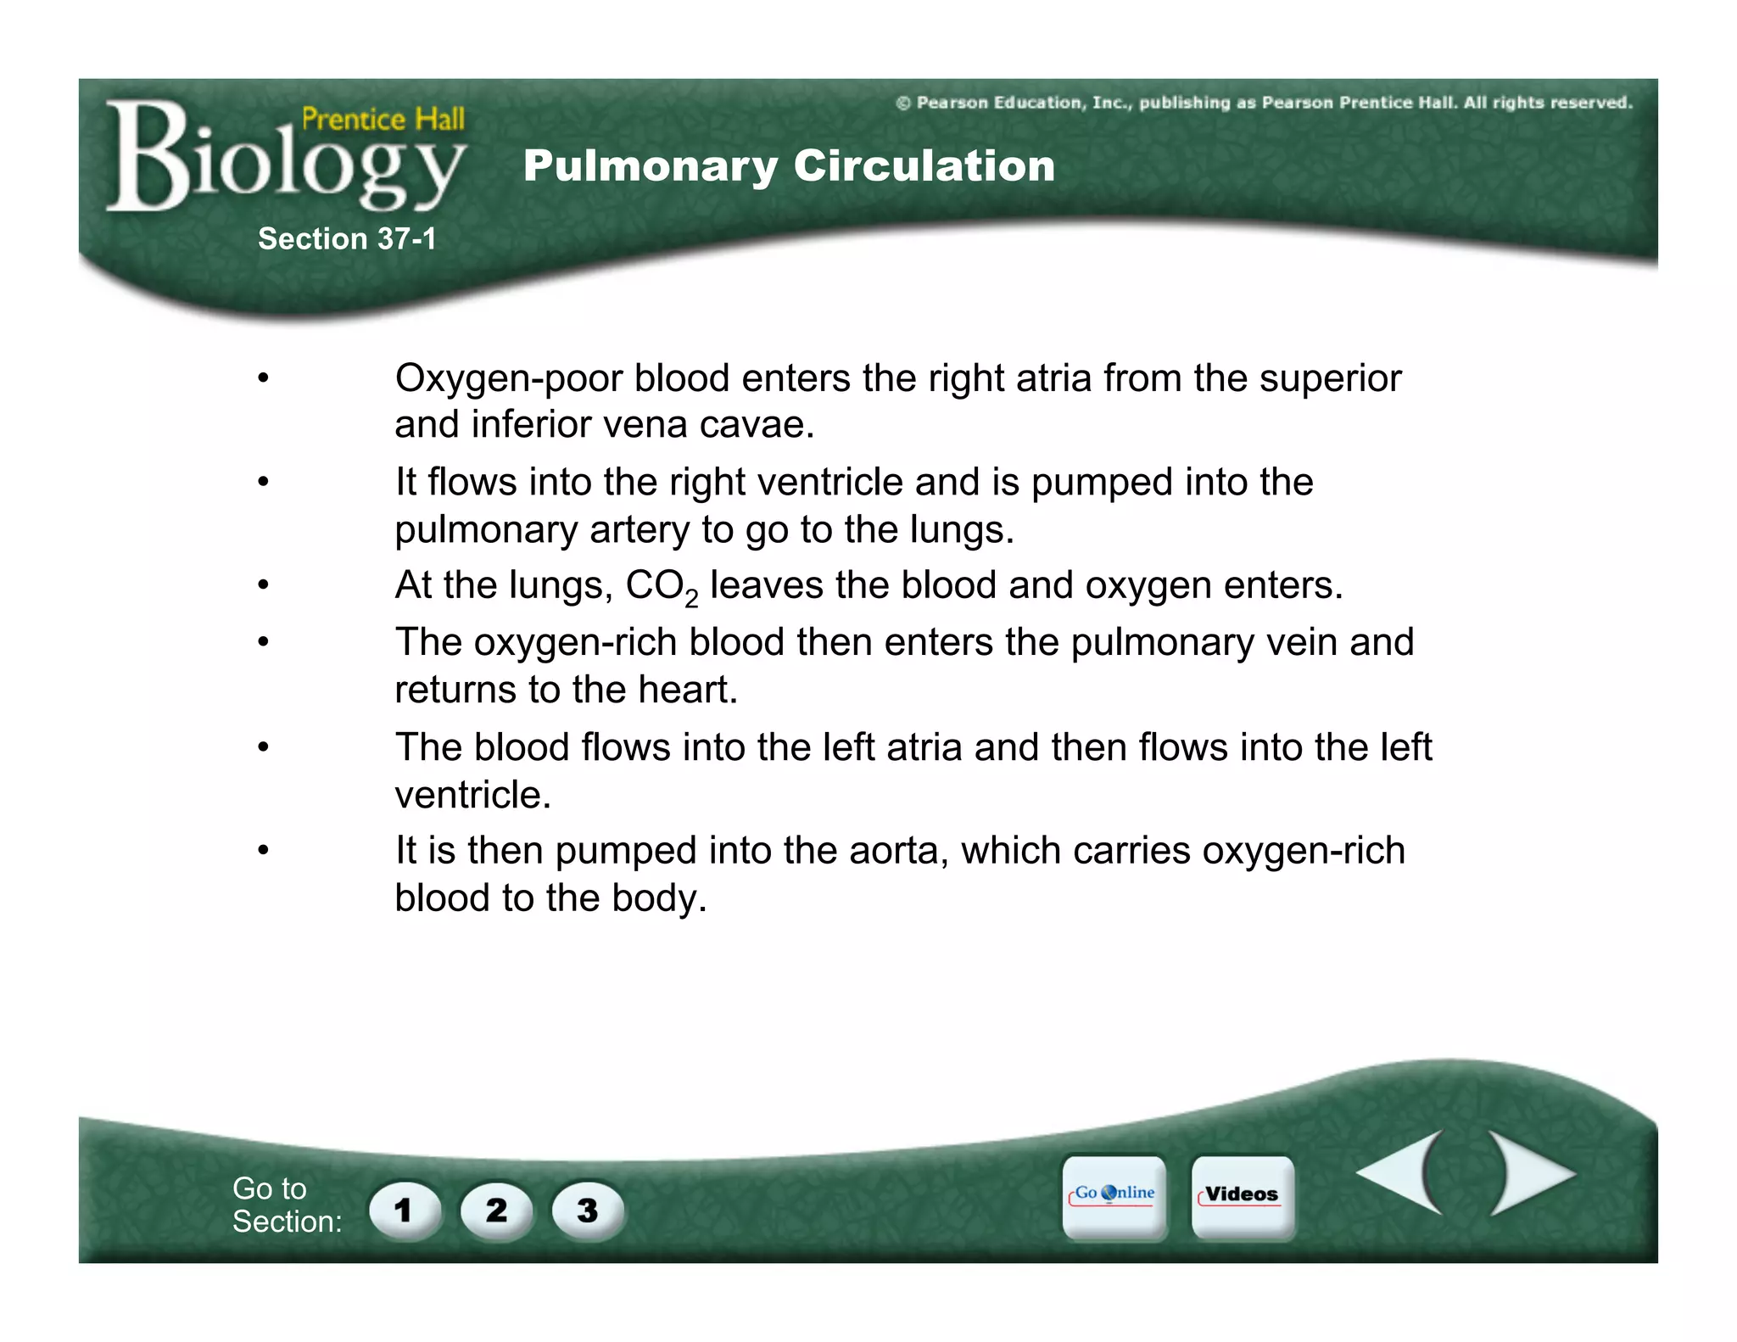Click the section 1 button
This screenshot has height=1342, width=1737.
click(x=405, y=1210)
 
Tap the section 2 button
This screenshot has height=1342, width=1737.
click(x=496, y=1210)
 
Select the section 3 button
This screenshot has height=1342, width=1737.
click(x=587, y=1210)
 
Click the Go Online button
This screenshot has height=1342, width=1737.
click(x=1114, y=1195)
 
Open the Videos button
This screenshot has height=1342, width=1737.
click(x=1243, y=1195)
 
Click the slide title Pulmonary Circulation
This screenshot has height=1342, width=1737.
click(x=789, y=165)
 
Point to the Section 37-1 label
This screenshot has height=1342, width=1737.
click(x=347, y=239)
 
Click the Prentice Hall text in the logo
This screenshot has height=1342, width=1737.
click(x=383, y=119)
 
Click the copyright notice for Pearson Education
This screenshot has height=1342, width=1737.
click(x=1264, y=103)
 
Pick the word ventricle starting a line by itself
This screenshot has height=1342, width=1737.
click(x=472, y=796)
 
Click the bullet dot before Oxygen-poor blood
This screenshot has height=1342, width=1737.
click(x=264, y=378)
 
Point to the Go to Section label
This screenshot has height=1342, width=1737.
click(x=287, y=1205)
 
